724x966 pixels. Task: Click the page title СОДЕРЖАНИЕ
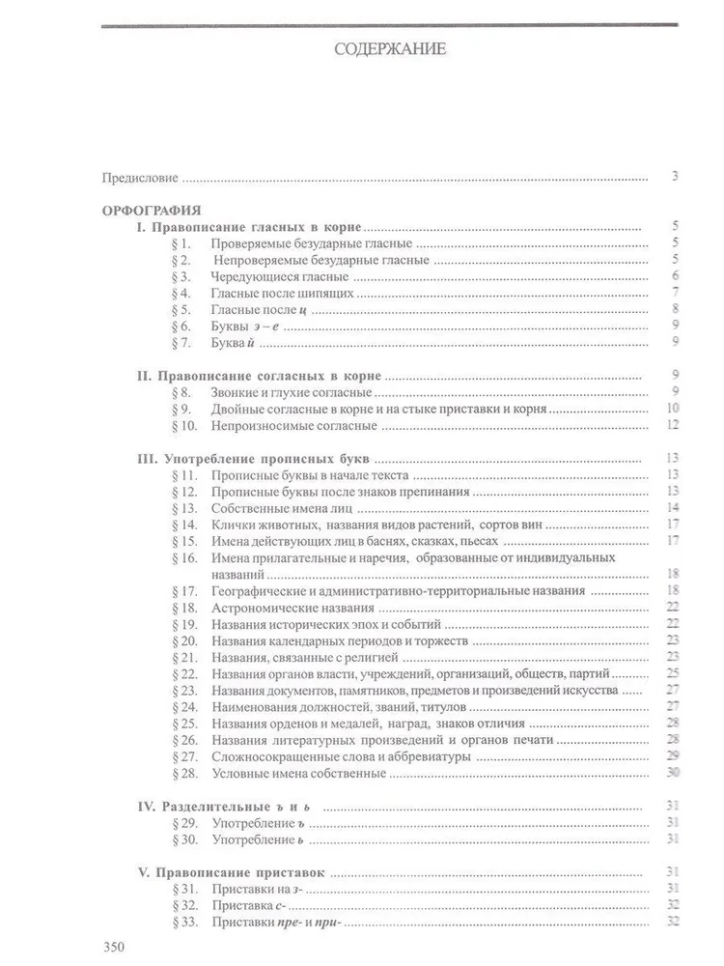[390, 50]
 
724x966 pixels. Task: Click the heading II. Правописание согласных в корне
[258, 376]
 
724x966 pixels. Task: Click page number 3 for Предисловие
[676, 178]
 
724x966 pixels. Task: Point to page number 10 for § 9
[675, 410]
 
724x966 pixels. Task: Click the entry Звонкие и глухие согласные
[292, 393]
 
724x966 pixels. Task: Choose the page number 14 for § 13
[675, 508]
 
